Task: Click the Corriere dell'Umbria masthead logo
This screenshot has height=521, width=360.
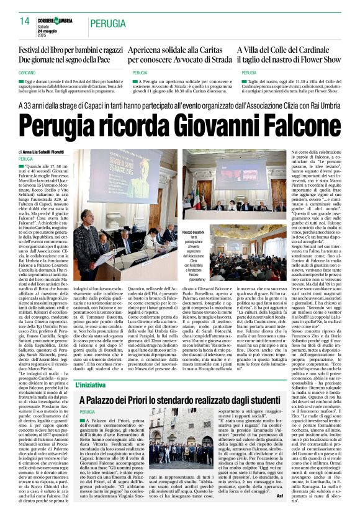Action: pyautogui.click(x=55, y=21)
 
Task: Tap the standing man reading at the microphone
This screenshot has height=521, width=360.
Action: pyautogui.click(x=84, y=248)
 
